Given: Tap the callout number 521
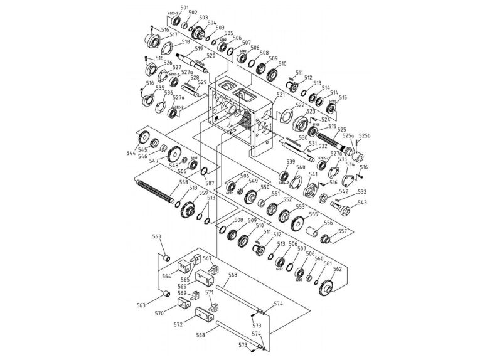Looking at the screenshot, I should [x=281, y=95].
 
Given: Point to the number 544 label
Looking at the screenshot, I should [x=131, y=152].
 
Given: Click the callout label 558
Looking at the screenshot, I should [x=183, y=183].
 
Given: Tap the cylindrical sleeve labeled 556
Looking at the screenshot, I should [x=313, y=232].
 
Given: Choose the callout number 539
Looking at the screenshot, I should [x=291, y=162].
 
